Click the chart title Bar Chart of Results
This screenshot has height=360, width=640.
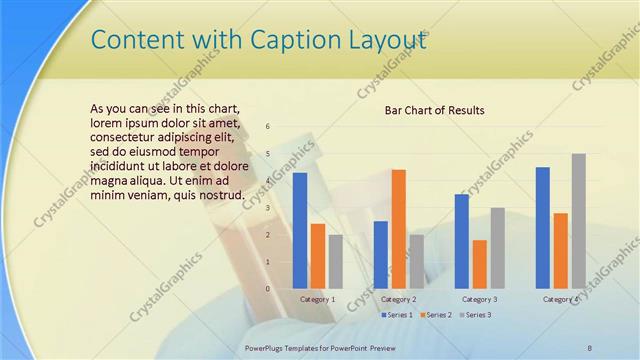pyautogui.click(x=434, y=110)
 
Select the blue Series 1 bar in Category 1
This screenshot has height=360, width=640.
pyautogui.click(x=299, y=230)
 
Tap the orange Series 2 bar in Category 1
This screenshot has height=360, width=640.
pyautogui.click(x=317, y=255)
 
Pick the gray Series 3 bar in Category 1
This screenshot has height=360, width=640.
pyautogui.click(x=335, y=261)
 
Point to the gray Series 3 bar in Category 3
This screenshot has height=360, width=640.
pyautogui.click(x=497, y=247)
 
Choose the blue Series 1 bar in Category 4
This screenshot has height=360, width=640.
pyautogui.click(x=542, y=227)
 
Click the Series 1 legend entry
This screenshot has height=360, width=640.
pyautogui.click(x=399, y=315)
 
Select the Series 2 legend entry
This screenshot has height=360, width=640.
pyautogui.click(x=436, y=315)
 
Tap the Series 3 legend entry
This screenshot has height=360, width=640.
pyautogui.click(x=475, y=315)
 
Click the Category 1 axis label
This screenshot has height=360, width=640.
pyautogui.click(x=318, y=299)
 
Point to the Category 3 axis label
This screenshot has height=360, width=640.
pyautogui.click(x=479, y=299)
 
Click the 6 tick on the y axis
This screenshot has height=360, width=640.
pyautogui.click(x=268, y=127)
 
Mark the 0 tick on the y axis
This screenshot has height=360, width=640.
pyautogui.click(x=268, y=288)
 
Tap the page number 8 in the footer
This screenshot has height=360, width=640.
pyautogui.click(x=590, y=346)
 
